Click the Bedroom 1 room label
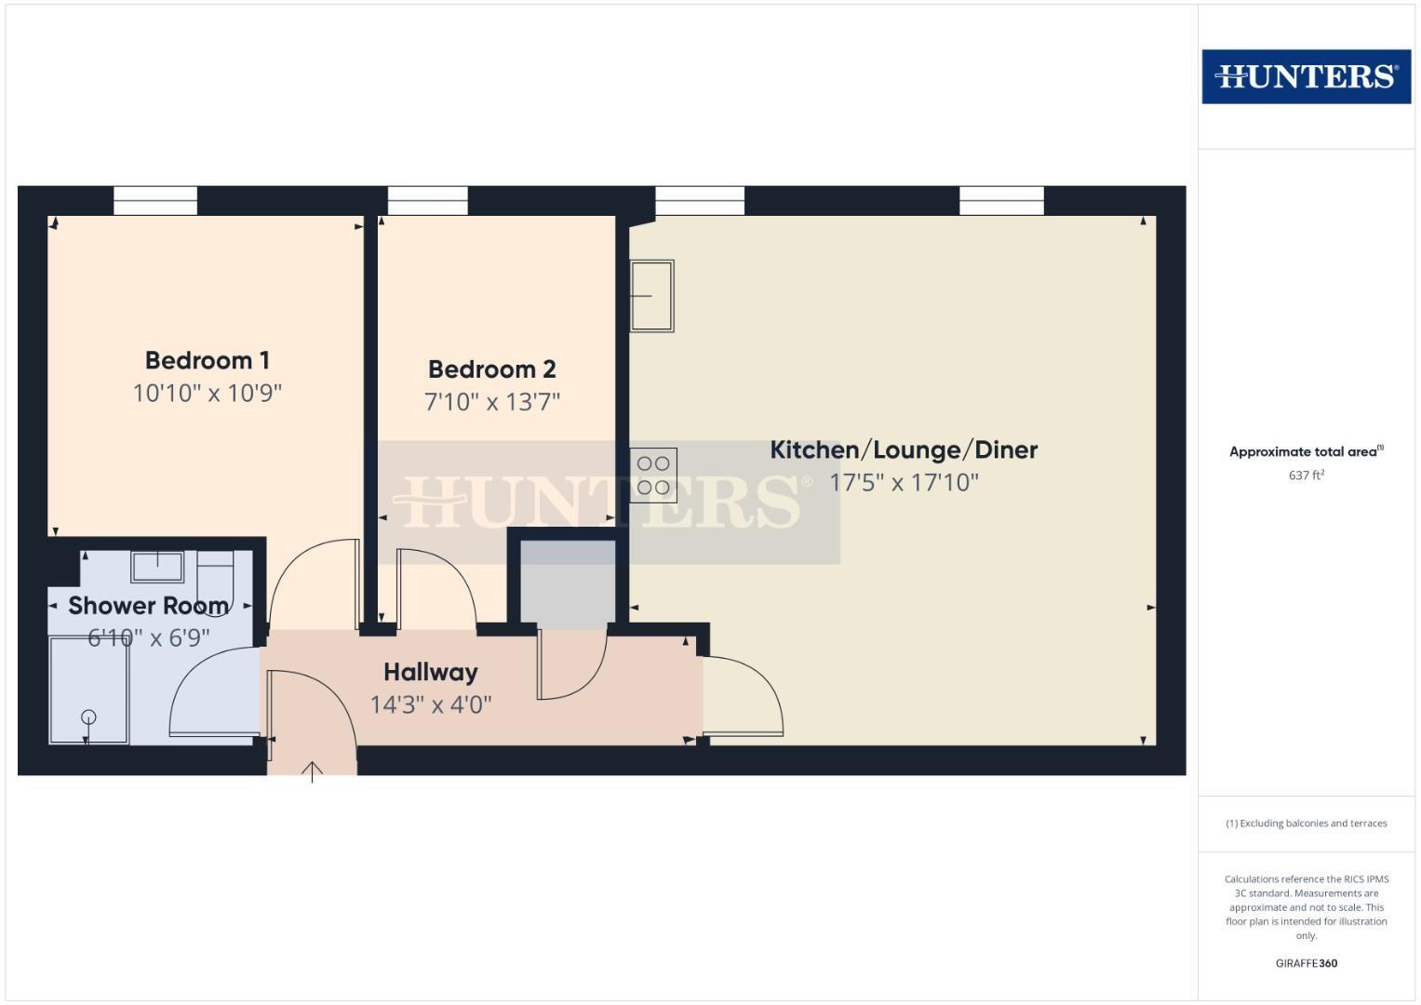[207, 360]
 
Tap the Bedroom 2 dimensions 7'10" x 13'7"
[491, 402]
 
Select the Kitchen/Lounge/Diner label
[903, 450]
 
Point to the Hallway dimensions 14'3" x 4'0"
[430, 704]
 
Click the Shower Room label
[148, 606]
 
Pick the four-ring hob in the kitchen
[653, 476]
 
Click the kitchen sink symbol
[651, 296]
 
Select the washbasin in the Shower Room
[156, 566]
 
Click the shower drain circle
[88, 717]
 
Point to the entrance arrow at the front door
[312, 771]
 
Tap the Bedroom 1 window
[155, 200]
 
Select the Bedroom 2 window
[427, 200]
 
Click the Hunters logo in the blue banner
[1306, 76]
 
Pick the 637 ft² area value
[1306, 476]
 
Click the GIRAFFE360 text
[1306, 963]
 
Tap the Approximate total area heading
[1305, 452]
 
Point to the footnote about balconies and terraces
[1306, 824]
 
